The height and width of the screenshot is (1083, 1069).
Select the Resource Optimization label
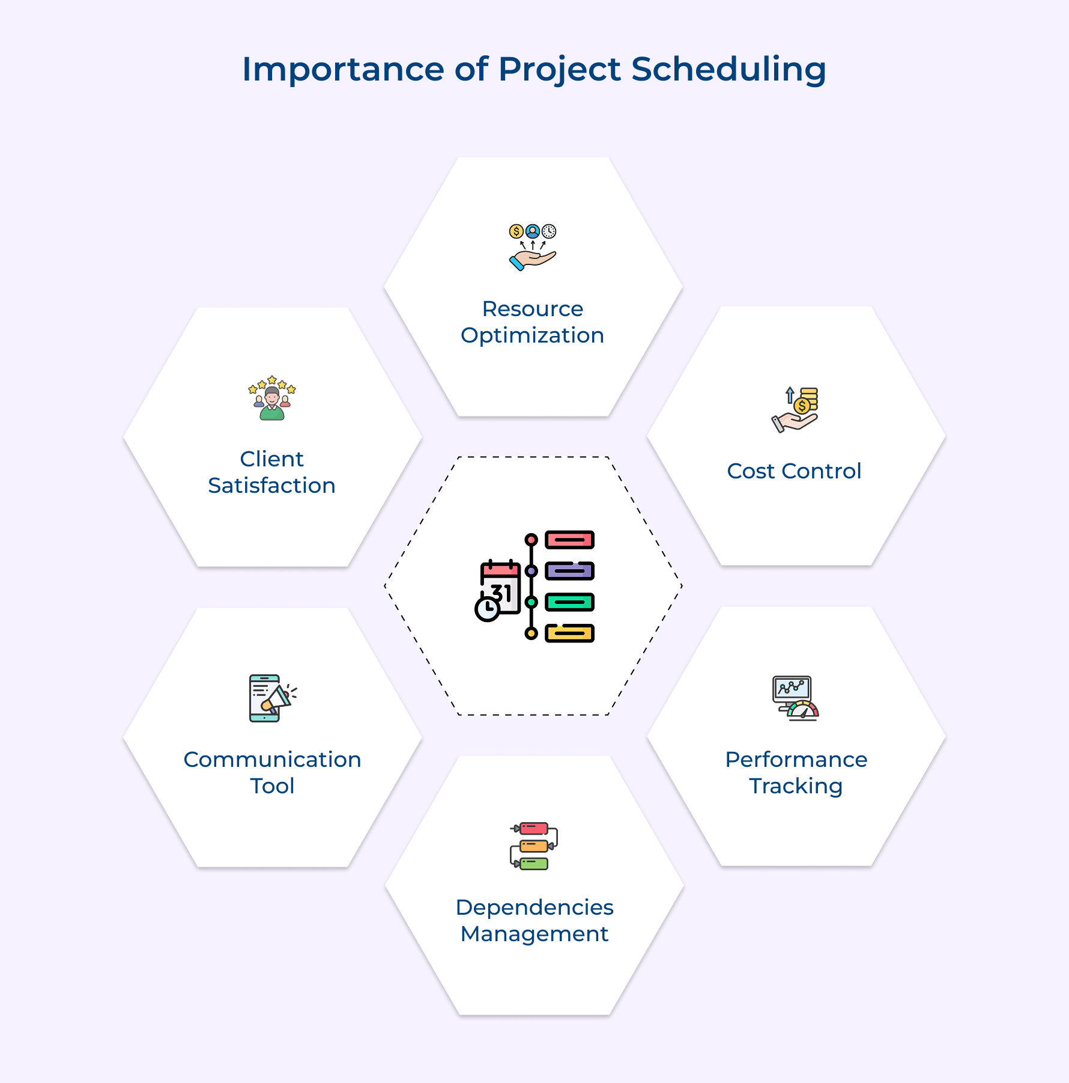point(533,322)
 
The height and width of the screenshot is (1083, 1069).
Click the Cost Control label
point(794,471)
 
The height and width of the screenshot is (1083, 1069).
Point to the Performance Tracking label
point(796,773)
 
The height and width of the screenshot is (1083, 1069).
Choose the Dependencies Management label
point(534,921)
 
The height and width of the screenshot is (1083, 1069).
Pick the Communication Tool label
point(272,773)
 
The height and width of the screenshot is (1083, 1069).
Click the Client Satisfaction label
point(272,472)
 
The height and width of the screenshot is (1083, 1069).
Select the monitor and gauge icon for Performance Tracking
point(795,698)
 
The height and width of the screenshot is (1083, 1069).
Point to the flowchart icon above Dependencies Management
point(534,846)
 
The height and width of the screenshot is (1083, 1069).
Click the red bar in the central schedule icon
point(569,540)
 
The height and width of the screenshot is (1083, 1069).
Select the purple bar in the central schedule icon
point(569,571)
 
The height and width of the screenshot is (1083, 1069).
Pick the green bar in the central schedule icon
point(569,602)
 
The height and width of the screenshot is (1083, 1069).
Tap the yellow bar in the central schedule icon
point(569,633)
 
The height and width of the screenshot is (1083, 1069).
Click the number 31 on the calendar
point(501,593)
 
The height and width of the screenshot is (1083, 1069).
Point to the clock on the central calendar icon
point(487,609)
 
